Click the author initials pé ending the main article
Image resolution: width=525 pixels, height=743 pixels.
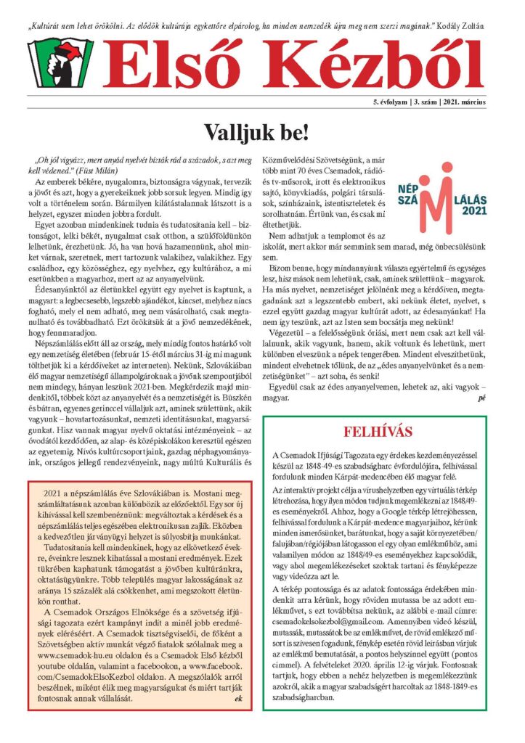tap(481, 398)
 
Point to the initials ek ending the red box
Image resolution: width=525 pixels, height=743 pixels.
tap(238, 699)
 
